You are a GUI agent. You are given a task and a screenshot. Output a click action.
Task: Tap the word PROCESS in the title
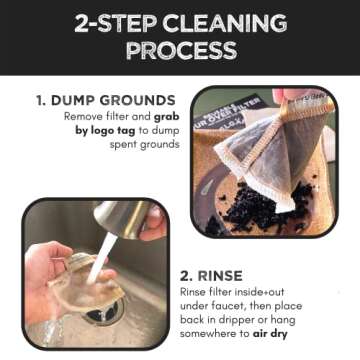(180, 49)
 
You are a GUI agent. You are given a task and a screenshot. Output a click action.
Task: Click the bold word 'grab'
(168, 116)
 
